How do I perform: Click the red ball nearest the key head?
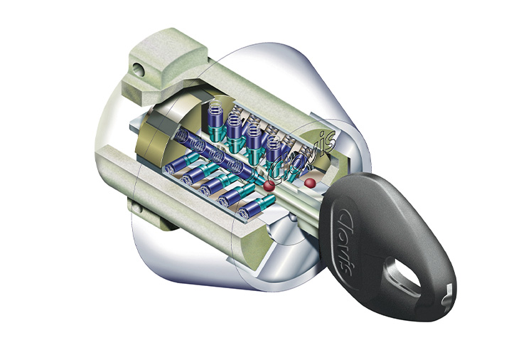(310, 183)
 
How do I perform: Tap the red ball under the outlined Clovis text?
(269, 186)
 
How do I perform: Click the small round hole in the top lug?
(138, 70)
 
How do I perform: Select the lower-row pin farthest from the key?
(183, 163)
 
